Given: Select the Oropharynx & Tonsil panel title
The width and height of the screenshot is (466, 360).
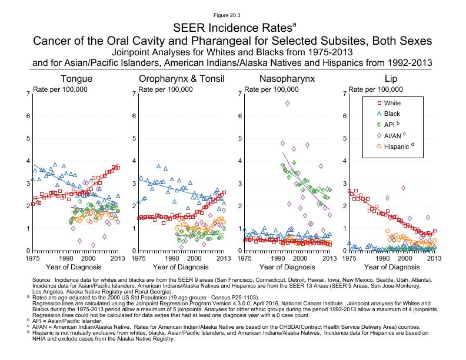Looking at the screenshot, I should coord(180,79).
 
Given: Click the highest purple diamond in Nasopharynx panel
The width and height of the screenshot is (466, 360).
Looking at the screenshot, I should coord(287,103).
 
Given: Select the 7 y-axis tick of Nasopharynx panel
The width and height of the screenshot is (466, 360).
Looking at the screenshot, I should coord(239,94).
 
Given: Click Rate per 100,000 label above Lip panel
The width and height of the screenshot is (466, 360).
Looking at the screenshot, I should coord(377,89).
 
